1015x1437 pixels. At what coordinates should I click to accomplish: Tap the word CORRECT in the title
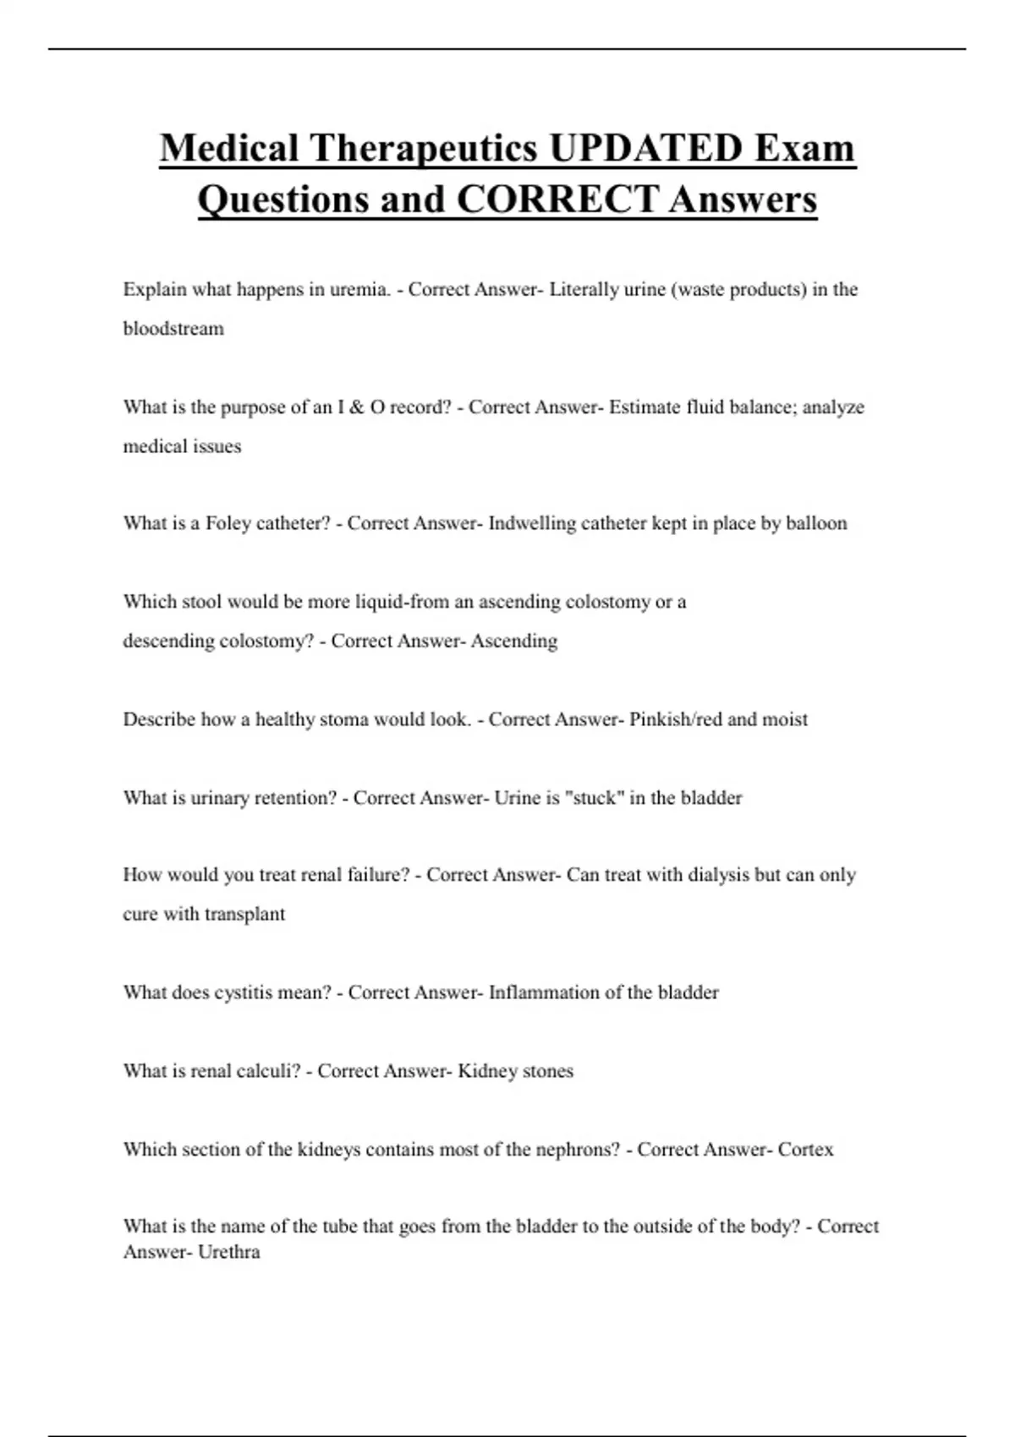[x=557, y=199]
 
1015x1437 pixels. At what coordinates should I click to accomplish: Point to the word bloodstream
[x=173, y=329]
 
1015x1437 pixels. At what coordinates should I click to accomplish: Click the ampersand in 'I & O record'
[x=356, y=407]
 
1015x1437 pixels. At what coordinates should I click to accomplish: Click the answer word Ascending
[x=514, y=641]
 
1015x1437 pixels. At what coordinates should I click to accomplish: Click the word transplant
[x=244, y=914]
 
